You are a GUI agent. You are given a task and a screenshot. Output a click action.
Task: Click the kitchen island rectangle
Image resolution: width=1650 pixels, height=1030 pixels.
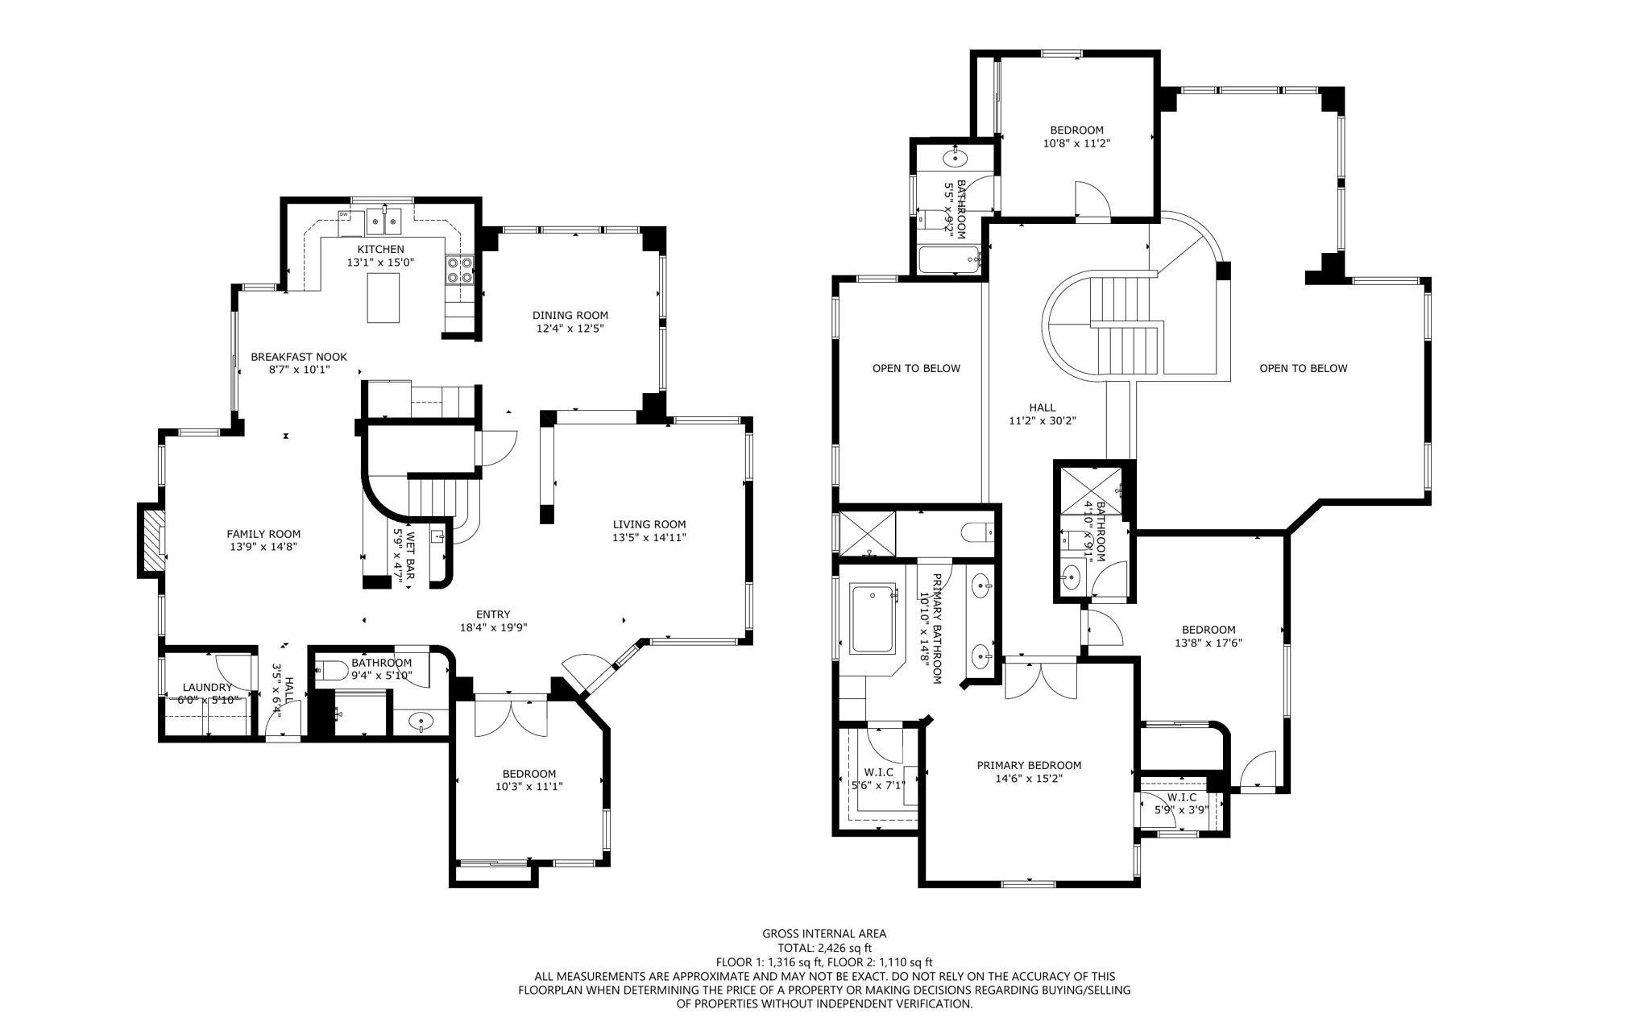click(383, 298)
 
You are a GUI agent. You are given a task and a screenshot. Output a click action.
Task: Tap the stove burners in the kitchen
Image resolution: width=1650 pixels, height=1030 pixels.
click(459, 269)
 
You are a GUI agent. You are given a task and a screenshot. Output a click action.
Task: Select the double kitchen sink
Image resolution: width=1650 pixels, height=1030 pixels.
click(384, 219)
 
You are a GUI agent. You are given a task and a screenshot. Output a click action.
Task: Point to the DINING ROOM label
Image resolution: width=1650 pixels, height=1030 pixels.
click(570, 315)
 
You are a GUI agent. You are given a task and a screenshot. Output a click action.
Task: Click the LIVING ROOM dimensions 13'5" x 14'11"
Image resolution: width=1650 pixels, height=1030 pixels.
click(649, 537)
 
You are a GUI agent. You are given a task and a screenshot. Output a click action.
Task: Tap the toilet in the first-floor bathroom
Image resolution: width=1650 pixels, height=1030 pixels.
click(333, 669)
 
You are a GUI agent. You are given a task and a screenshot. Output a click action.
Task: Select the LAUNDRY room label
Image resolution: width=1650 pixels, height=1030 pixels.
click(207, 687)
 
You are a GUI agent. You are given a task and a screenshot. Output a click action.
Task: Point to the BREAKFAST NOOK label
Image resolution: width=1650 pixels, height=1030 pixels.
click(299, 357)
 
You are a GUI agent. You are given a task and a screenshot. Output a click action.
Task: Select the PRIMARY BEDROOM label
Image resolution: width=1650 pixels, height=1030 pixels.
click(1029, 765)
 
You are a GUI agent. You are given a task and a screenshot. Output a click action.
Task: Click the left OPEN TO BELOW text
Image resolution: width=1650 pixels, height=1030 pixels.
click(916, 368)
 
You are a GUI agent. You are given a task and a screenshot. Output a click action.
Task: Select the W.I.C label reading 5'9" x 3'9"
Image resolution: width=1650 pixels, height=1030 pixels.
click(1181, 804)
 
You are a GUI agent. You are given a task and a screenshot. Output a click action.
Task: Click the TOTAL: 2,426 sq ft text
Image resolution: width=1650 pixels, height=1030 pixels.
click(824, 948)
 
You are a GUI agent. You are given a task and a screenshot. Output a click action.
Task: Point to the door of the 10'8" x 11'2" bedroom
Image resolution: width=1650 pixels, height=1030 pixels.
click(1092, 200)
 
